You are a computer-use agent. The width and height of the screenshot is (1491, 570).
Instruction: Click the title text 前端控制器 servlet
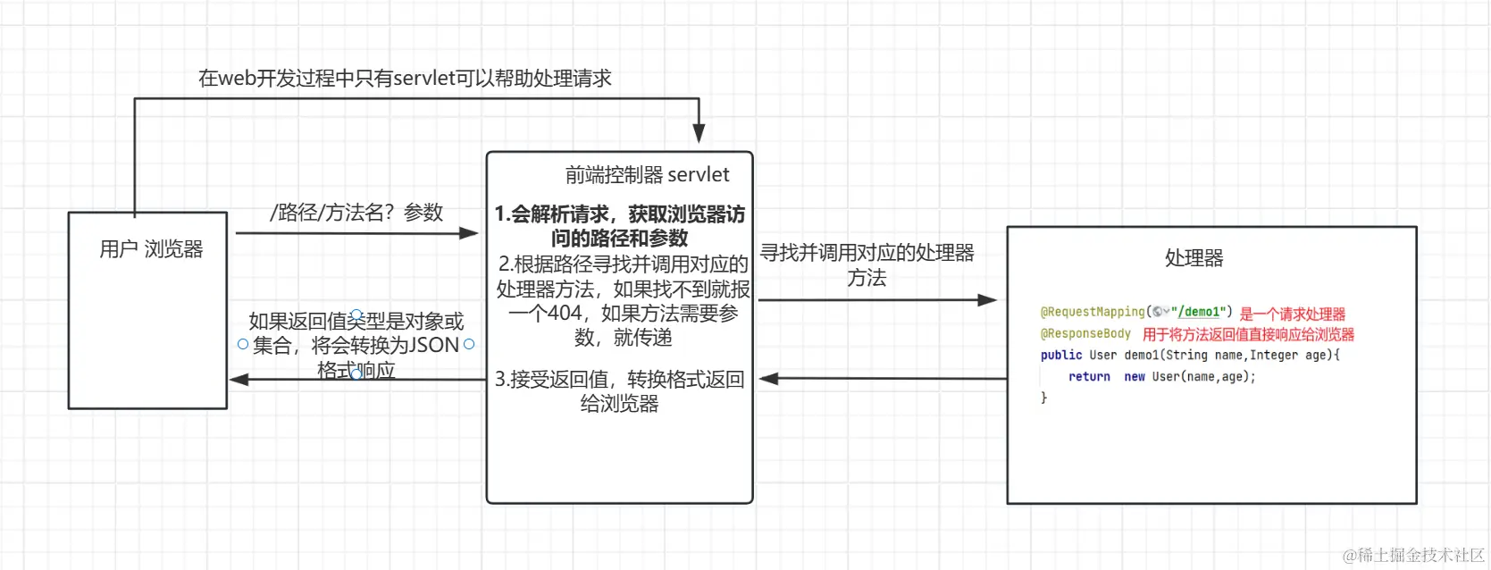647,175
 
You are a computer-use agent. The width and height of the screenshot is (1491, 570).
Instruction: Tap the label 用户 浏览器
151,249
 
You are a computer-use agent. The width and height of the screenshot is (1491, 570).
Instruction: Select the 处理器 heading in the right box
1194,258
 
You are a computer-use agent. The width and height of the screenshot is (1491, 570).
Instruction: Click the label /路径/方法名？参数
356,213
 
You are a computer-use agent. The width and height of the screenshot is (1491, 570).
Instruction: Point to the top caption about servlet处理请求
405,79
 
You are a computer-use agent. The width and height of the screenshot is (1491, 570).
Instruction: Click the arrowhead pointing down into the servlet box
699,134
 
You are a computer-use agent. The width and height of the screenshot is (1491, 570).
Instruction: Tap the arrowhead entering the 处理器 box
987,300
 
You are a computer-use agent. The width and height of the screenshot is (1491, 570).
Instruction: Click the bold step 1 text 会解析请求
620,214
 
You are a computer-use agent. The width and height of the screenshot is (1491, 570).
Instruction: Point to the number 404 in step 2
565,314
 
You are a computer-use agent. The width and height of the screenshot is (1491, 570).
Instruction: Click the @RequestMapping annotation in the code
1092,312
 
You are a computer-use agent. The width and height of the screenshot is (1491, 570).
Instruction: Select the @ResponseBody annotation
1085,334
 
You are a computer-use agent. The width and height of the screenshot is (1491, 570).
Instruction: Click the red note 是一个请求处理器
1292,314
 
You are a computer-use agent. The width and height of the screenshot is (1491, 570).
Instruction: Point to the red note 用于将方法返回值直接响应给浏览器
1248,335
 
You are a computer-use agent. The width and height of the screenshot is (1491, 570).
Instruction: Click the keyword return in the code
1089,377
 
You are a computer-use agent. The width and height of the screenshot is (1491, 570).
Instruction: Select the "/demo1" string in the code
1198,312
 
